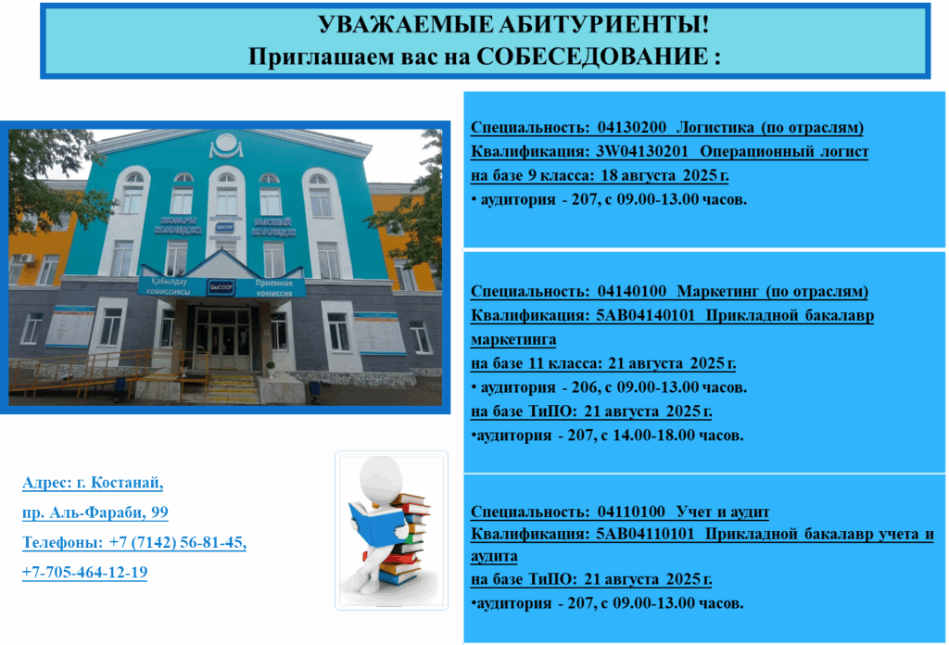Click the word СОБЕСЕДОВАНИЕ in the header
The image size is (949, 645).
coord(592,57)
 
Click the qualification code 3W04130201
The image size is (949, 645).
coord(642,151)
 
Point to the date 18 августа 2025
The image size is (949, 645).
coord(659,175)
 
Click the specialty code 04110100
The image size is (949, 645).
coord(631,512)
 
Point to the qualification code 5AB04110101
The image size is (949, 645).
coord(645,535)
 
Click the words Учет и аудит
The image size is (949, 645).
coord(723,512)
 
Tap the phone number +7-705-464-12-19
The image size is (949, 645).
coord(84,572)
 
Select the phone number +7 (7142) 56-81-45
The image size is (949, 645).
coord(177,542)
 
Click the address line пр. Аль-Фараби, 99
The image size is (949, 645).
coord(95,512)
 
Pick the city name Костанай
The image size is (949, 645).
coord(127,483)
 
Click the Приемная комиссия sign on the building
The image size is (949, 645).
coord(273,288)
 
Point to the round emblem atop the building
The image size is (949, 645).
coord(226,144)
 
